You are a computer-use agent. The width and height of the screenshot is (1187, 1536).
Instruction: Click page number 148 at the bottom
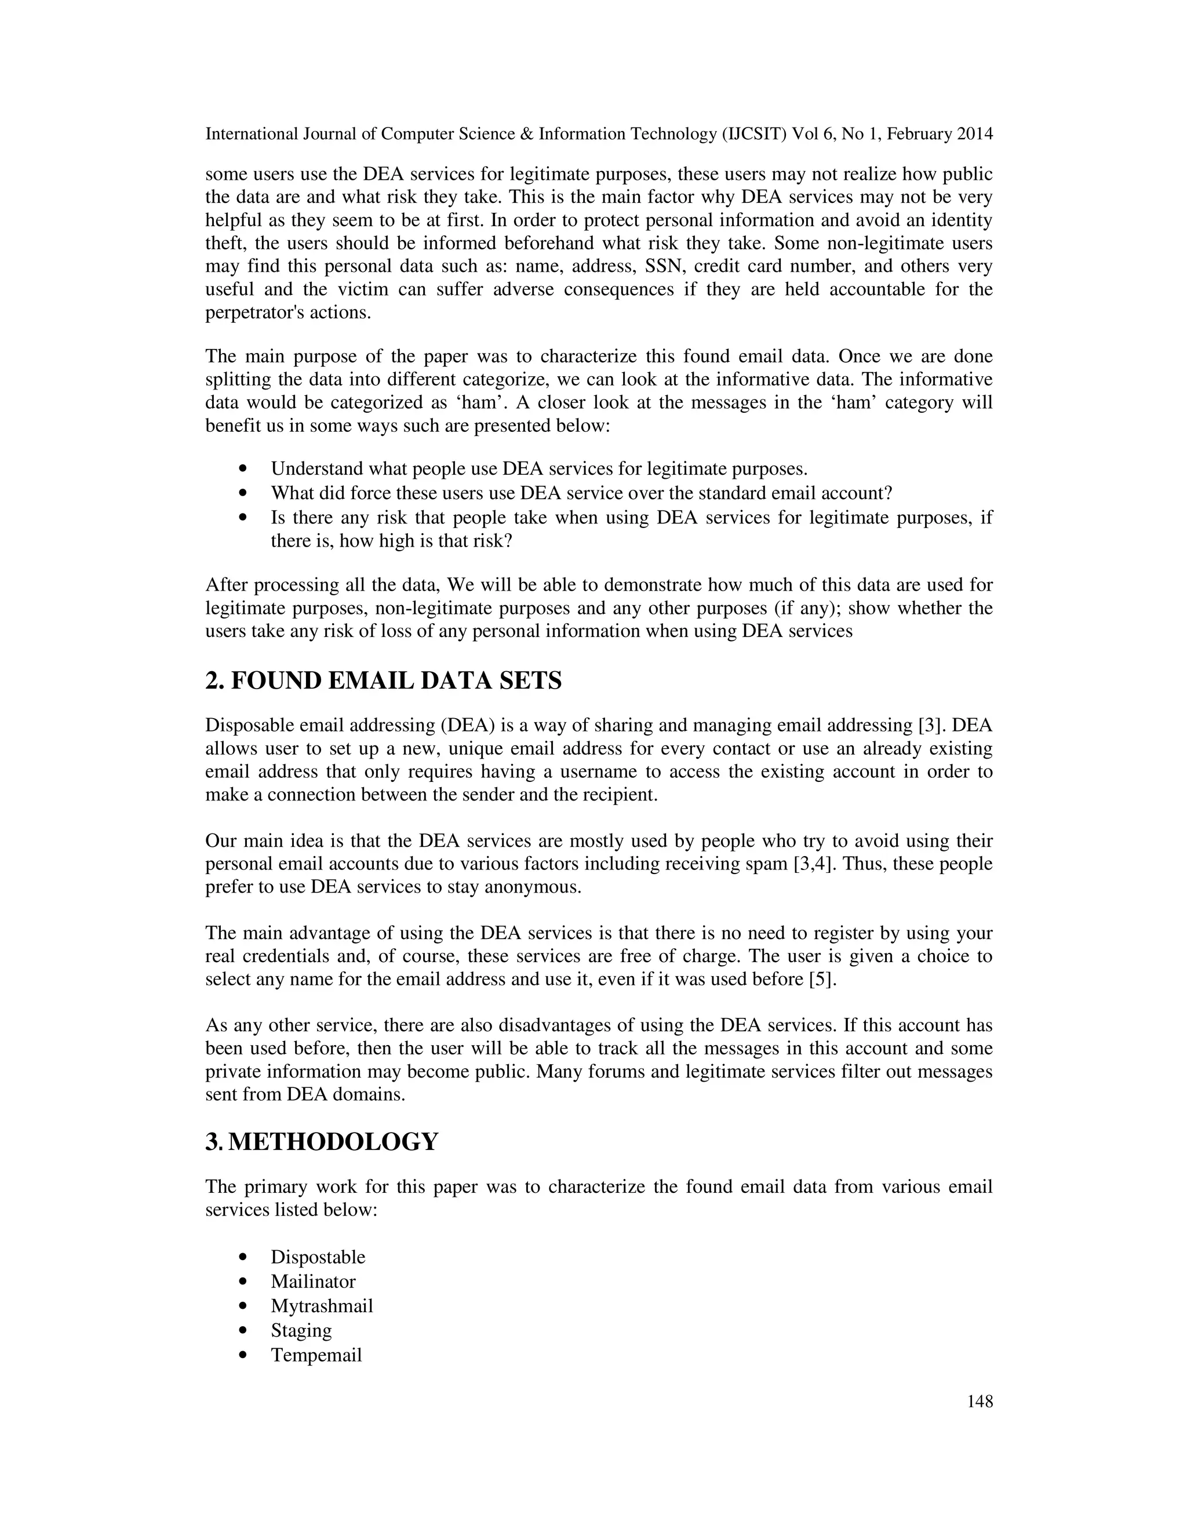pyautogui.click(x=980, y=1402)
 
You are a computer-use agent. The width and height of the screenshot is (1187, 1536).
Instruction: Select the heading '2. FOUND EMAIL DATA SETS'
pyautogui.click(x=383, y=681)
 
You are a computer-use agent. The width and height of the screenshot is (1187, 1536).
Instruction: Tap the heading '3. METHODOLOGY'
pyautogui.click(x=321, y=1141)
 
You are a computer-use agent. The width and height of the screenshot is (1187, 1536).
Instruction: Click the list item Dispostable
pyautogui.click(x=318, y=1257)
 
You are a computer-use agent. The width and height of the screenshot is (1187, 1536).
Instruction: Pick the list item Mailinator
pyautogui.click(x=313, y=1282)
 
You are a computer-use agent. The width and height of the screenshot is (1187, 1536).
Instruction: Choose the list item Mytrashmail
pyautogui.click(x=321, y=1306)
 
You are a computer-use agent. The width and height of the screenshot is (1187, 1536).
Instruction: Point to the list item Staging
pyautogui.click(x=301, y=1331)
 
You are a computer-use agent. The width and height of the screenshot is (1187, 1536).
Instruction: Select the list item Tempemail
pyautogui.click(x=316, y=1355)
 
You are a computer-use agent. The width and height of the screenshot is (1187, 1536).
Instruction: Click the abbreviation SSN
pyautogui.click(x=661, y=267)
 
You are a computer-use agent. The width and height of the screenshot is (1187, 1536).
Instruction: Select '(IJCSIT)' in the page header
pyautogui.click(x=755, y=134)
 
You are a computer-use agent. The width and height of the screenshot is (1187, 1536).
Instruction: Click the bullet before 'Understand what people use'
pyautogui.click(x=243, y=469)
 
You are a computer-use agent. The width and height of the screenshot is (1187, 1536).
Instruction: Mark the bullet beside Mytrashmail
pyautogui.click(x=243, y=1306)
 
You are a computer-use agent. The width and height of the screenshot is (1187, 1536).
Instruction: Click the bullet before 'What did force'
pyautogui.click(x=243, y=494)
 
